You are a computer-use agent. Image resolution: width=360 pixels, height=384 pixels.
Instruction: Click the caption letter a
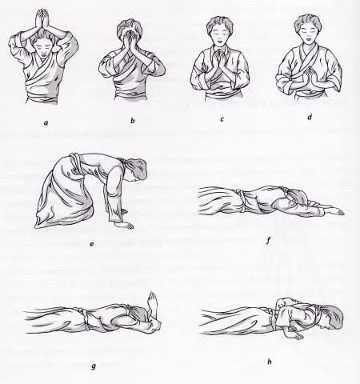[46, 123]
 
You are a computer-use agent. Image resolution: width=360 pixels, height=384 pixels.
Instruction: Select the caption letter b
[133, 121]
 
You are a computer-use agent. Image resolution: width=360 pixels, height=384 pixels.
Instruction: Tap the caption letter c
[222, 119]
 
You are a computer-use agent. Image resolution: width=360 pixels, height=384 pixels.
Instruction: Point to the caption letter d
[310, 117]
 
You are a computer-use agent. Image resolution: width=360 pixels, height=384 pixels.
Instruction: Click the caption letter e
[92, 244]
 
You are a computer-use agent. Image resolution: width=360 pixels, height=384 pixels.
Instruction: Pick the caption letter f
[268, 241]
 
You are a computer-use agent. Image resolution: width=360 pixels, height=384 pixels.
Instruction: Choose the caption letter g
[94, 366]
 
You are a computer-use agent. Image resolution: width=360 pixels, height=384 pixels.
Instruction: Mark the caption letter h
[270, 362]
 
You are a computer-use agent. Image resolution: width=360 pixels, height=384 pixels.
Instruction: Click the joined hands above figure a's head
[42, 18]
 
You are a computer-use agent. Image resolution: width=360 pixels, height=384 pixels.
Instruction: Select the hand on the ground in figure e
[126, 226]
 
